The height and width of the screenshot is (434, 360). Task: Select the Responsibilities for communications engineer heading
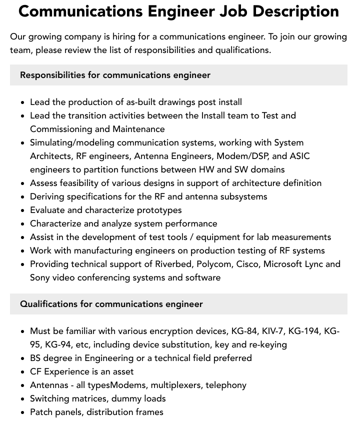[x=115, y=75]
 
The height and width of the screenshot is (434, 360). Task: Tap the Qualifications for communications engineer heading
[x=111, y=304]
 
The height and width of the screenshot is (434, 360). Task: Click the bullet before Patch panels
[x=23, y=412]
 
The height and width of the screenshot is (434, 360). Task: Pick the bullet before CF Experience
[x=23, y=372]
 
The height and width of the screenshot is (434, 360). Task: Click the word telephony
[x=225, y=385]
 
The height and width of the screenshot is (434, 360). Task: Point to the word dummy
[x=122, y=398]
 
